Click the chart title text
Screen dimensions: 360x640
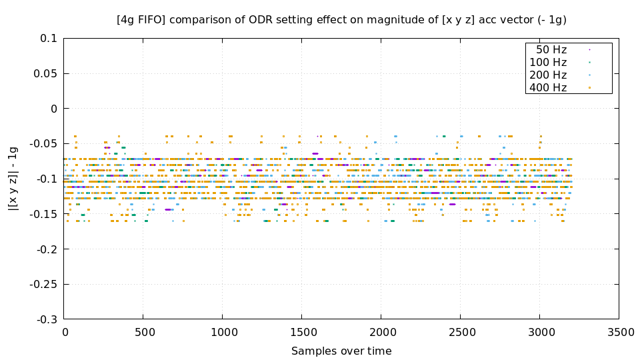tap(341, 20)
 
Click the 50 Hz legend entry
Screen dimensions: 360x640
tap(551, 49)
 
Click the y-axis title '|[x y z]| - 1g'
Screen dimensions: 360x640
tap(13, 179)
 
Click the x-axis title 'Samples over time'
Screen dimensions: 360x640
tap(341, 351)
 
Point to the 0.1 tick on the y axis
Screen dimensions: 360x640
tap(49, 39)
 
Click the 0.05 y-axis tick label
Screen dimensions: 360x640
tap(45, 73)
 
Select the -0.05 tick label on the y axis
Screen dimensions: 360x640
tap(43, 144)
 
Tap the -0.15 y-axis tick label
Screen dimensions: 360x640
tap(43, 214)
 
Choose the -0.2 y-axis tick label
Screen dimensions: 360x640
tap(47, 249)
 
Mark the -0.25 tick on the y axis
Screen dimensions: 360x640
tap(43, 285)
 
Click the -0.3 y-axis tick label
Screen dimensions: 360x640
tap(47, 319)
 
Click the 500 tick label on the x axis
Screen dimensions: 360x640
tap(143, 332)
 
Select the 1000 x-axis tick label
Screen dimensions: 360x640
tap(223, 332)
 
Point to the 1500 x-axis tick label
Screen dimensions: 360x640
tap(301, 332)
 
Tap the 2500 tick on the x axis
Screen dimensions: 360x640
tap(460, 332)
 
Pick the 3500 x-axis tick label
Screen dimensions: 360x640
tap(618, 332)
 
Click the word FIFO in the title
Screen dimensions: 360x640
tap(149, 20)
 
